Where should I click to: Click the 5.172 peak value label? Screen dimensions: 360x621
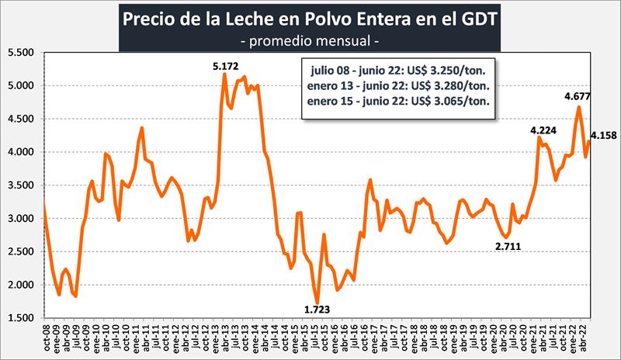tap(227, 65)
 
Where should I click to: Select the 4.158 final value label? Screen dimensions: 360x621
tap(603, 136)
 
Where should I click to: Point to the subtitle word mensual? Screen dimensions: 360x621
tap(340, 37)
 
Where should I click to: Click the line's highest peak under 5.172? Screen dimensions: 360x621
tap(224, 74)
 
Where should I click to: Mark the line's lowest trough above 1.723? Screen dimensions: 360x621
tap(317, 302)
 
